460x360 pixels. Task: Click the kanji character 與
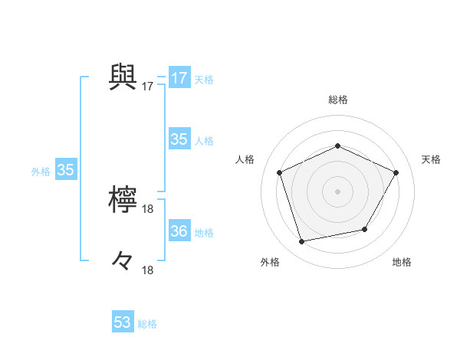pos(123,77)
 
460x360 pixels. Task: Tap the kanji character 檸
pos(123,201)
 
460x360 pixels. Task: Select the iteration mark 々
pos(123,261)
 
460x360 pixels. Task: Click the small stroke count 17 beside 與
pos(148,87)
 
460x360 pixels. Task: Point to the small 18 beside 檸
pos(148,209)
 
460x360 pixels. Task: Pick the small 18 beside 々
pos(148,270)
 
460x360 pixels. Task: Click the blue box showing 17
pos(179,78)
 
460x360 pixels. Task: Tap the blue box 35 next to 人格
pos(179,139)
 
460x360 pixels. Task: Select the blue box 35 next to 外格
pos(65,170)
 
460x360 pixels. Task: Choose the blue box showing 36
pos(179,231)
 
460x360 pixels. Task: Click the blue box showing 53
pos(123,322)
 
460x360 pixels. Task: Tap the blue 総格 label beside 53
pos(147,324)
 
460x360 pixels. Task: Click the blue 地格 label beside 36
pos(204,233)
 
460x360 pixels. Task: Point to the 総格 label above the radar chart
pos(337,100)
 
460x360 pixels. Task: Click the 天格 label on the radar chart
pos(431,159)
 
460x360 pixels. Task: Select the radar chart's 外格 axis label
pos(270,263)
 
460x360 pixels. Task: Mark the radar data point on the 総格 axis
pos(337,146)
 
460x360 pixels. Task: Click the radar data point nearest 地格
pos(365,229)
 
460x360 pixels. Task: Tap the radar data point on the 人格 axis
pos(280,172)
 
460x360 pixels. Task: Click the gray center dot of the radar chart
pos(337,191)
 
